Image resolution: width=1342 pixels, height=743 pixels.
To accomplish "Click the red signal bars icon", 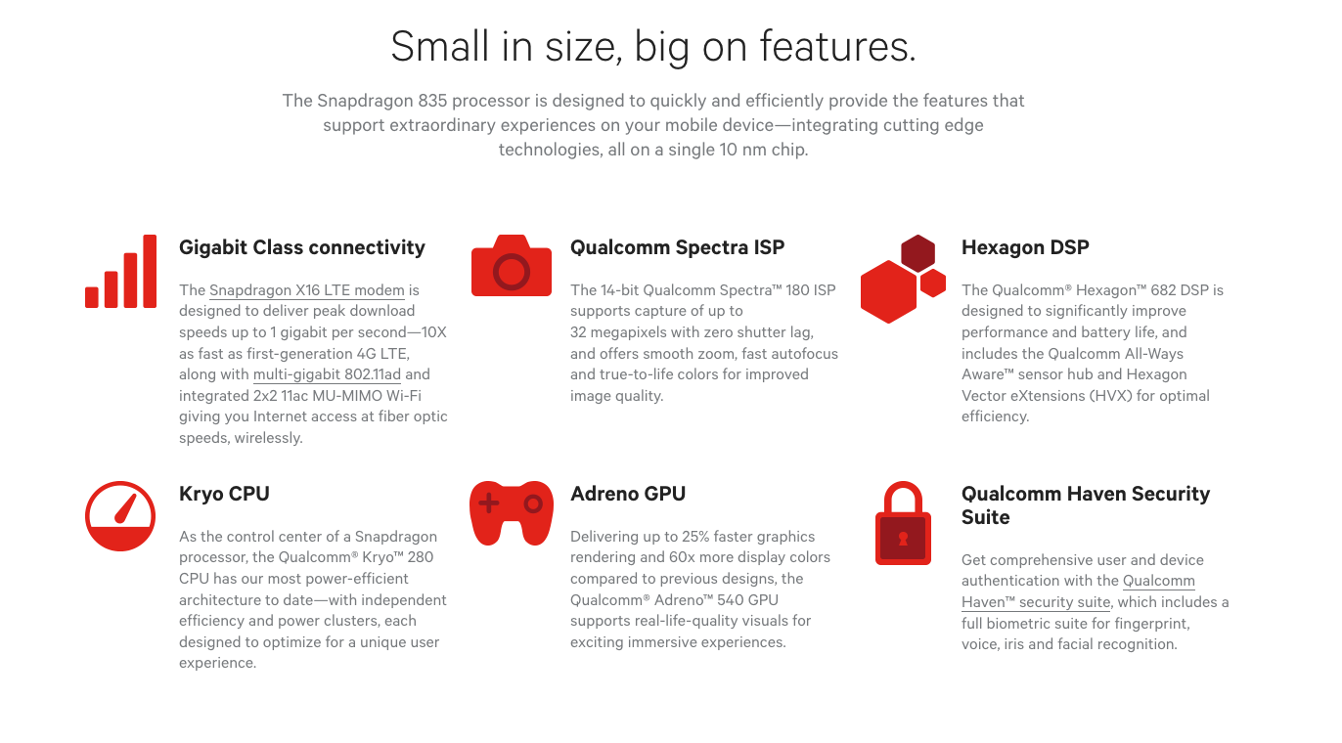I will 121,272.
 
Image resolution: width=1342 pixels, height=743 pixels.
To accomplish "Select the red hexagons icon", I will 903,279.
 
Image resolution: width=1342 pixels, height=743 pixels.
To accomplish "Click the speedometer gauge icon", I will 120,516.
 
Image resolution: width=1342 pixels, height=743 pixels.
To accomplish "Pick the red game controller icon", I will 512,512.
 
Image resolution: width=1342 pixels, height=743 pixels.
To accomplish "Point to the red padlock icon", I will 903,524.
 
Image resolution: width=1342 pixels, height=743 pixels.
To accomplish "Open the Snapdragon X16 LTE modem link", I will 307,290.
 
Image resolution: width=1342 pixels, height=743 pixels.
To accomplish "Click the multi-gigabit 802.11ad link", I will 328,374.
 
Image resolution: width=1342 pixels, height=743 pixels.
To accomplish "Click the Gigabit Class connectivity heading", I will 302,247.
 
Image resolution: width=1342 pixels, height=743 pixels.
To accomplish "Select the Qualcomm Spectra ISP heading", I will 677,247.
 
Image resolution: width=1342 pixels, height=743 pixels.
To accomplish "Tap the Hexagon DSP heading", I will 1025,247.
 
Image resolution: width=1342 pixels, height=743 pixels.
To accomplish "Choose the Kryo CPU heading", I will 224,494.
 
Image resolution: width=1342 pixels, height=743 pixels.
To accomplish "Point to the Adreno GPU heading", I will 628,494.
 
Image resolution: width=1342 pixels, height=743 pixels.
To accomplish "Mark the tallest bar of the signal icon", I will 150,272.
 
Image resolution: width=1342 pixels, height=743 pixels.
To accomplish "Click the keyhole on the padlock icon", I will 903,539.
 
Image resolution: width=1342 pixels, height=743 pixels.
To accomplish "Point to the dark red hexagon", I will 917,253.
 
